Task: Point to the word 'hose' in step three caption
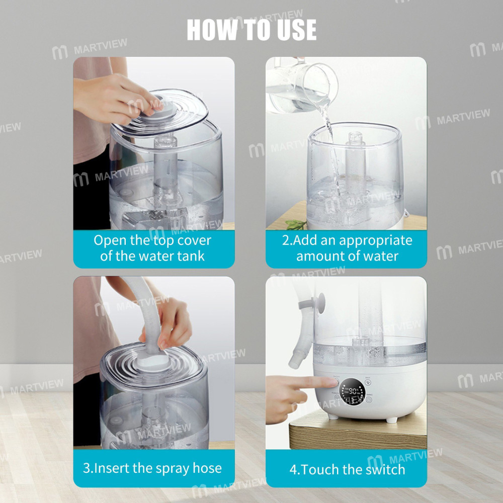[207, 468]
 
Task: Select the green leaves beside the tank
[296, 224]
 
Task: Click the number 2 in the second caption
[286, 240]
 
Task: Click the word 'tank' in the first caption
[192, 256]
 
